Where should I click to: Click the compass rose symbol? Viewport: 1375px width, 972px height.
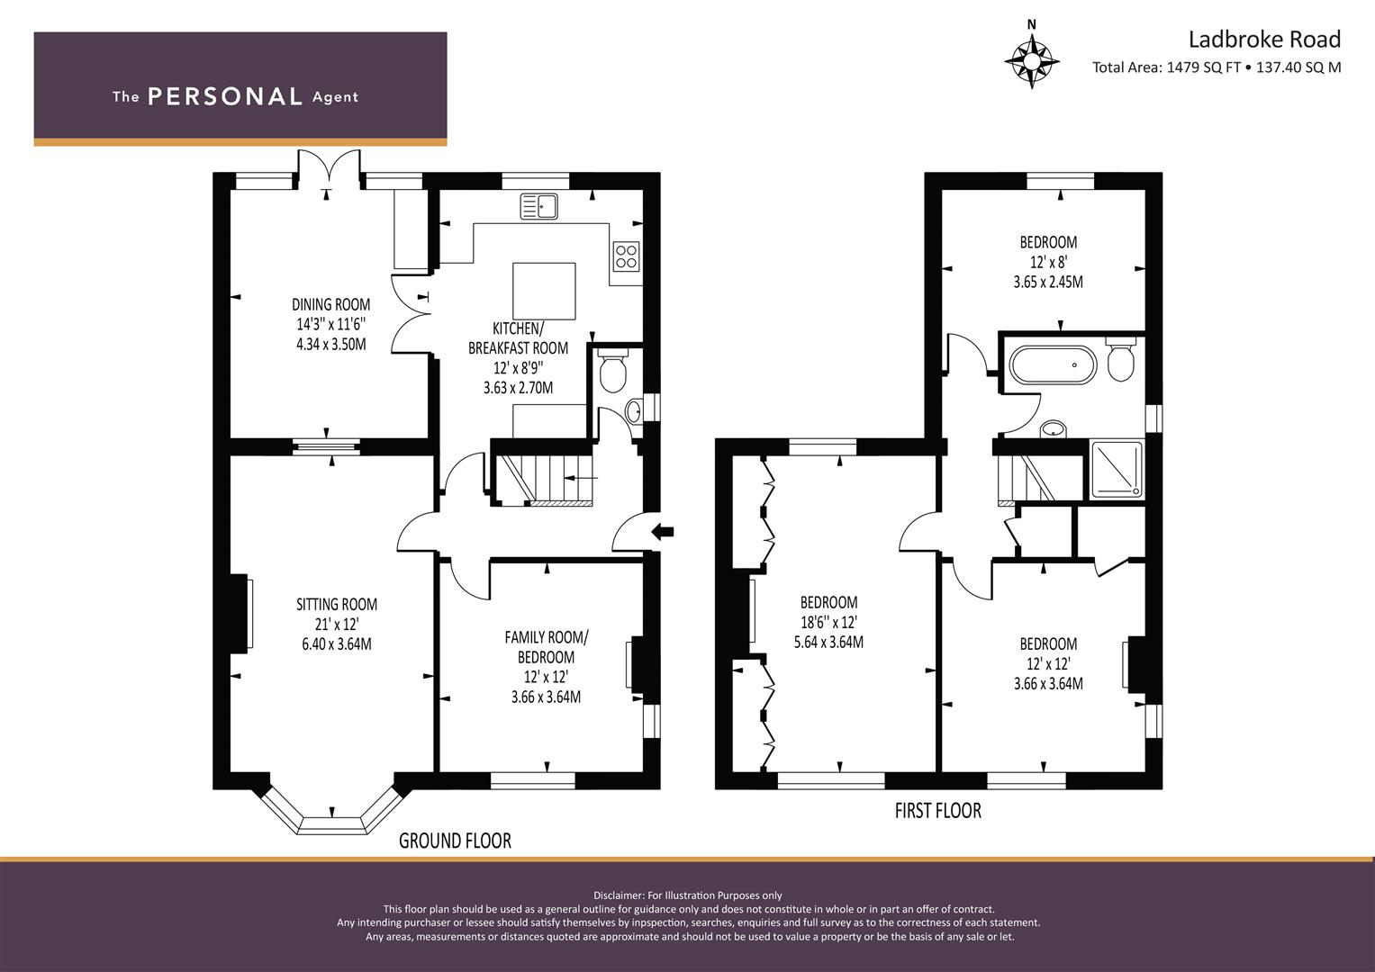tap(1032, 61)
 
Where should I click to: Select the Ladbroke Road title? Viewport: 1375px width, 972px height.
tap(1264, 40)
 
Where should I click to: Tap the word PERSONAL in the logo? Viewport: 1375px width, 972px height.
tap(225, 96)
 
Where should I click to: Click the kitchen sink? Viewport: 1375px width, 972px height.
tap(539, 206)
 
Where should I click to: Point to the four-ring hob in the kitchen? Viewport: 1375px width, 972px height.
tap(626, 256)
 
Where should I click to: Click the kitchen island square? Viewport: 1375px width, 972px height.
tap(545, 291)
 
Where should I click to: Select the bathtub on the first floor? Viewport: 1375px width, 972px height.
tap(1053, 365)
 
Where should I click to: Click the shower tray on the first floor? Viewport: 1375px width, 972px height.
tap(1117, 470)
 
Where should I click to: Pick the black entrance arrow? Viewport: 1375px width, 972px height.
tap(662, 531)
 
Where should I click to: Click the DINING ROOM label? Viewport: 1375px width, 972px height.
tap(330, 304)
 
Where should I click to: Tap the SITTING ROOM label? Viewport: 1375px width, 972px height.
tap(337, 605)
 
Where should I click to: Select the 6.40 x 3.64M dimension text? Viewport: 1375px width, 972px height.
tap(337, 644)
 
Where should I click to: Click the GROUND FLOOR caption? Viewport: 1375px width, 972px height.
tap(455, 840)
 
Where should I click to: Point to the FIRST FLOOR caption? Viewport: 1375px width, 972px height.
tap(938, 811)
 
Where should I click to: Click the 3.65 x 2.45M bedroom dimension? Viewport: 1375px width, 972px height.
tap(1048, 282)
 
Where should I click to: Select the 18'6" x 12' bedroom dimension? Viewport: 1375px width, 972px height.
tap(828, 622)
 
